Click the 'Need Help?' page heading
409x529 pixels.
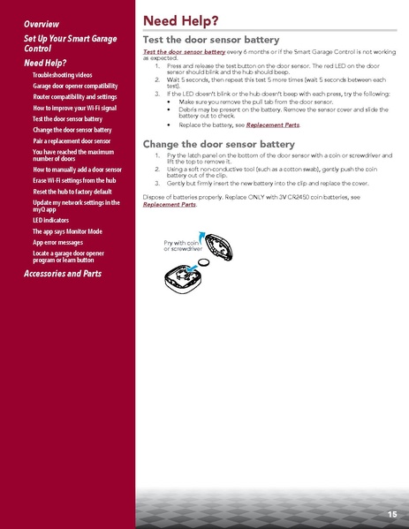pyautogui.click(x=181, y=19)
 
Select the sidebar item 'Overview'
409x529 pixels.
pyautogui.click(x=42, y=23)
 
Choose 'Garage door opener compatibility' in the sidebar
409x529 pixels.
pyautogui.click(x=75, y=87)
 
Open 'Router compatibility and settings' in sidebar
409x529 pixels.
pyautogui.click(x=74, y=97)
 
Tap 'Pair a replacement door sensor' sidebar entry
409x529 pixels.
pyautogui.click(x=72, y=140)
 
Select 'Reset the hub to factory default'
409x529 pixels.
pyautogui.click(x=72, y=192)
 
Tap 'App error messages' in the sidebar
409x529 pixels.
pyautogui.click(x=58, y=241)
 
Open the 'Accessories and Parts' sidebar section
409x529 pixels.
pyautogui.click(x=63, y=274)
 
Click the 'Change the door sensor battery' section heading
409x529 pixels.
pyautogui.click(x=218, y=143)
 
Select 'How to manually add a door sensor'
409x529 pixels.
pyautogui.click(x=77, y=169)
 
